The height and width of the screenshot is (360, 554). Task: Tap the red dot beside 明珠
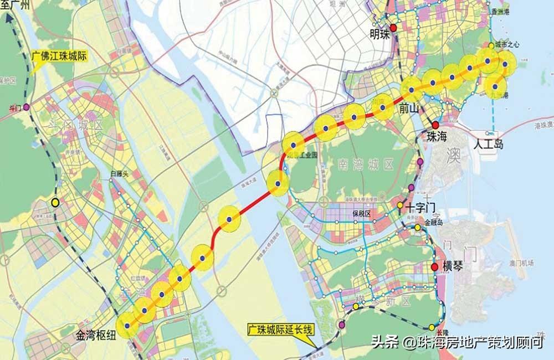(393, 28)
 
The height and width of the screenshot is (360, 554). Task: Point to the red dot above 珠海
(436, 125)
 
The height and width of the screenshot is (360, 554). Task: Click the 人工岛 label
(489, 145)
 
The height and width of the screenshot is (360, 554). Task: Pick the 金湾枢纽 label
(96, 335)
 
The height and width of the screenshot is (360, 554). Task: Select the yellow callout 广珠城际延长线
(281, 331)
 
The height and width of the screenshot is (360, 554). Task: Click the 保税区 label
(360, 213)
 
